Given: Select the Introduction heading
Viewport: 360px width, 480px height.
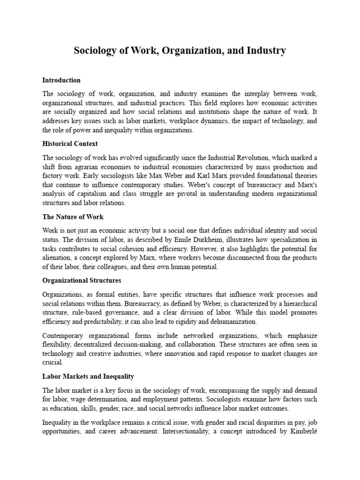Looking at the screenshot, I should tap(61, 80).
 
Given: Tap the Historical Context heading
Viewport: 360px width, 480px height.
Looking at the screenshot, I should tap(70, 143).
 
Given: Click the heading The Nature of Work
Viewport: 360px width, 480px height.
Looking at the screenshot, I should tap(73, 217).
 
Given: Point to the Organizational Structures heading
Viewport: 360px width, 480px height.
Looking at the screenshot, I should tap(82, 280).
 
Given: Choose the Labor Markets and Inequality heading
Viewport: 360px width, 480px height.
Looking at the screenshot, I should tap(88, 376).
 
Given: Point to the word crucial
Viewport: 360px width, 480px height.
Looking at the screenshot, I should tap(52, 362).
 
